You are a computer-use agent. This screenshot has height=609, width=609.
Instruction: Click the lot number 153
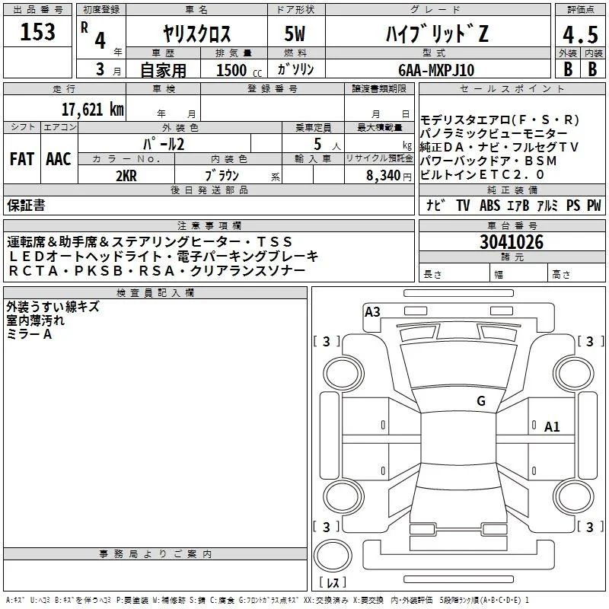[x=37, y=31]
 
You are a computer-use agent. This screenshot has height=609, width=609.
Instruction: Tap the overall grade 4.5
[x=580, y=34]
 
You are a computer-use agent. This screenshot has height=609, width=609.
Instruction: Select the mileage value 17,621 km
[x=93, y=109]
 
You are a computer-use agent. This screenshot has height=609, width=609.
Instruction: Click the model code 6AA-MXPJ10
[x=436, y=70]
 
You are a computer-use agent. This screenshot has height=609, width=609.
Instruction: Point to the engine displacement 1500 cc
[x=239, y=70]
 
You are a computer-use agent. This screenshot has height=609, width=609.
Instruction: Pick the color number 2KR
[x=126, y=176]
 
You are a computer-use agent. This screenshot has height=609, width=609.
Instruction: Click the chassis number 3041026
[x=512, y=242]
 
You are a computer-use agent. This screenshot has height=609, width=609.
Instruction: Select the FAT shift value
[x=22, y=159]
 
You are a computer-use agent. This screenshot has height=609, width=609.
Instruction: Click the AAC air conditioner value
[x=59, y=159]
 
